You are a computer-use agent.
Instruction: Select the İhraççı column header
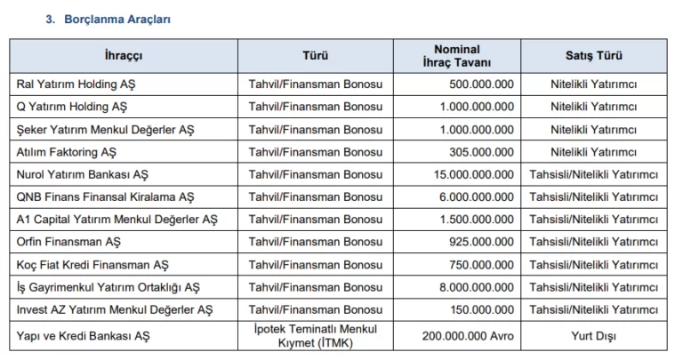point(124,56)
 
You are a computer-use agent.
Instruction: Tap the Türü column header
point(315,56)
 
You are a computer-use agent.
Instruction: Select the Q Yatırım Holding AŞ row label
point(72,107)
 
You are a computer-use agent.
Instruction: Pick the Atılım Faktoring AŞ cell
point(67,152)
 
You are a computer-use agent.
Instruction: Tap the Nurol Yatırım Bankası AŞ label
point(83,174)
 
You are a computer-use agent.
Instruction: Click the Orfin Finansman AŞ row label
point(68,242)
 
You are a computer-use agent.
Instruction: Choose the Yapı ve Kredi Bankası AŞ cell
point(84,336)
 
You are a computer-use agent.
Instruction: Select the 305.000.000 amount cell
point(481,152)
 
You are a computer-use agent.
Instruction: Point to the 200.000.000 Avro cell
point(467,336)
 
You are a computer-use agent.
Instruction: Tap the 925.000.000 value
point(481,242)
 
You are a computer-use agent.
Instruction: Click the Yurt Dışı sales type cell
point(593,336)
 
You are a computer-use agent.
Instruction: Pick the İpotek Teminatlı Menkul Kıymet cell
point(315,335)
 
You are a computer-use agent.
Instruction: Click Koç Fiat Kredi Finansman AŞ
point(92,264)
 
